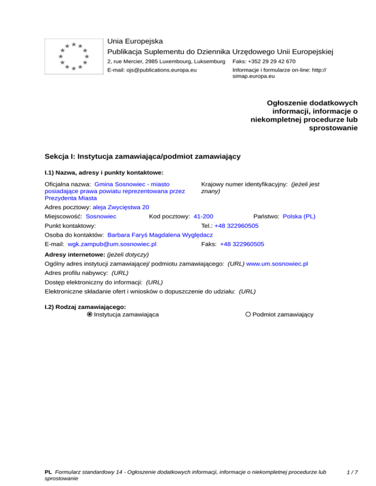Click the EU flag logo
(x=73, y=56)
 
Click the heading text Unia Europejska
(x=135, y=41)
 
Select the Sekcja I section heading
(x=142, y=156)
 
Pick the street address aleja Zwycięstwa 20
(x=121, y=207)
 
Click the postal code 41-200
(x=203, y=216)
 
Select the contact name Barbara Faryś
(x=129, y=235)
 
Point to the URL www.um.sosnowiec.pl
(x=277, y=264)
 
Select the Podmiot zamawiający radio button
(x=248, y=314)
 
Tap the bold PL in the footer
(x=48, y=472)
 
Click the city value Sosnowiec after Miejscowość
(x=101, y=216)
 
